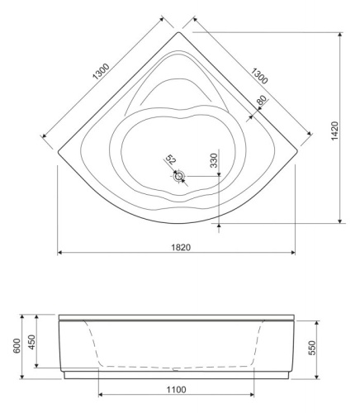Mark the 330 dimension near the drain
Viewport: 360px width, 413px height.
(x=214, y=160)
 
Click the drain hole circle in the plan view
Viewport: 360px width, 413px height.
(x=178, y=175)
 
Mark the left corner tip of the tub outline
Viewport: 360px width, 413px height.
(x=56, y=151)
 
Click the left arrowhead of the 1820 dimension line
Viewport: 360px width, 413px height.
(x=59, y=253)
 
